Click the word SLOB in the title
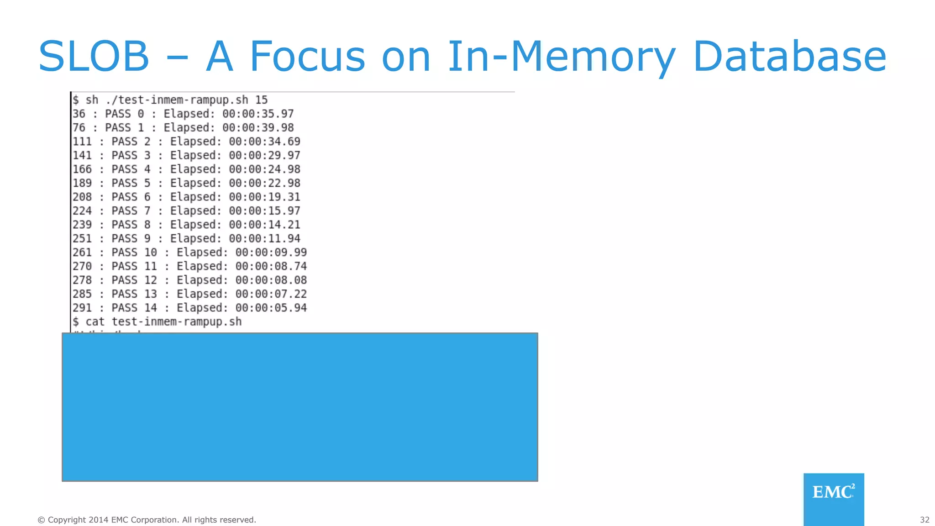tap(94, 57)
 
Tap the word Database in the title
tap(789, 57)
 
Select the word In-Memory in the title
tap(561, 57)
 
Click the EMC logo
tap(833, 492)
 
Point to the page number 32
tap(924, 520)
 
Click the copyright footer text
tap(147, 520)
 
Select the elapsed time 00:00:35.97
tap(258, 114)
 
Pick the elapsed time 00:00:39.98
tap(258, 127)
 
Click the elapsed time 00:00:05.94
tap(271, 308)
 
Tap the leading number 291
tap(82, 308)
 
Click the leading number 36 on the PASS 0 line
tap(79, 114)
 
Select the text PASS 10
tap(134, 252)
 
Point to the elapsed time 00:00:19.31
tap(265, 197)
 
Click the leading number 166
tap(82, 169)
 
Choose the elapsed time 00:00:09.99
tap(271, 252)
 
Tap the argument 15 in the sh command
tap(261, 100)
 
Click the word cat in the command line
tap(95, 322)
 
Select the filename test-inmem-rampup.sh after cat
tap(177, 322)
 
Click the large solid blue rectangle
tap(299, 407)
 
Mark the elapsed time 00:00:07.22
tap(271, 294)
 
